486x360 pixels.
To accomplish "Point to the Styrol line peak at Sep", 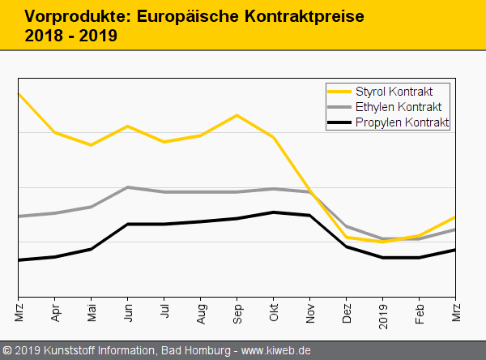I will tap(237, 115).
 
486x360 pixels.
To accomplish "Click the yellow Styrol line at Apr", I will tap(55, 132).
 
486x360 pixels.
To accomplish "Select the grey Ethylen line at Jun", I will tap(128, 187).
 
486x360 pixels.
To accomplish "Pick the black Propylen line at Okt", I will tap(274, 212).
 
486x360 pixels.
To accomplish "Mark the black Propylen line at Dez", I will tap(347, 246).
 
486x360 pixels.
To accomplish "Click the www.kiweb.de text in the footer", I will tap(276, 351).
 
